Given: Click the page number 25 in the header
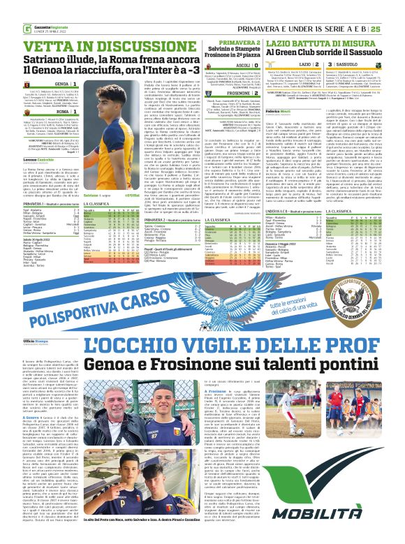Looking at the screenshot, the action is tap(395, 9).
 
